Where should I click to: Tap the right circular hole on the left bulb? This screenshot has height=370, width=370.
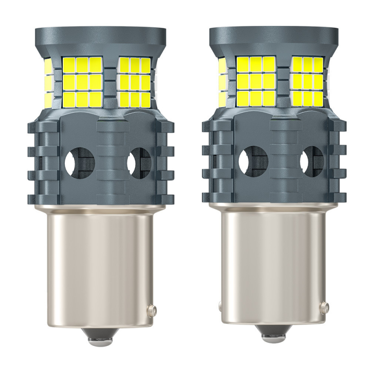pos(139,162)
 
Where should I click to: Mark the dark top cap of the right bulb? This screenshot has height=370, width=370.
pos(273,37)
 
